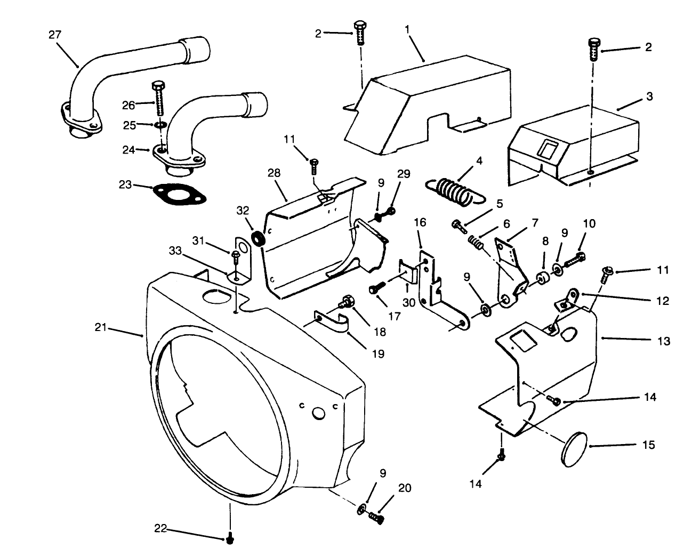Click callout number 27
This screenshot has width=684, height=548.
point(55,34)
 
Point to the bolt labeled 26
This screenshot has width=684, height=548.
point(158,101)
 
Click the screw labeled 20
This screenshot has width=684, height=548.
point(376,517)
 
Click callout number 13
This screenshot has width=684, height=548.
point(663,341)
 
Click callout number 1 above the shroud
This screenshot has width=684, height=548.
point(407,30)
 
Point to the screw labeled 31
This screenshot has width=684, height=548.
point(236,259)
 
